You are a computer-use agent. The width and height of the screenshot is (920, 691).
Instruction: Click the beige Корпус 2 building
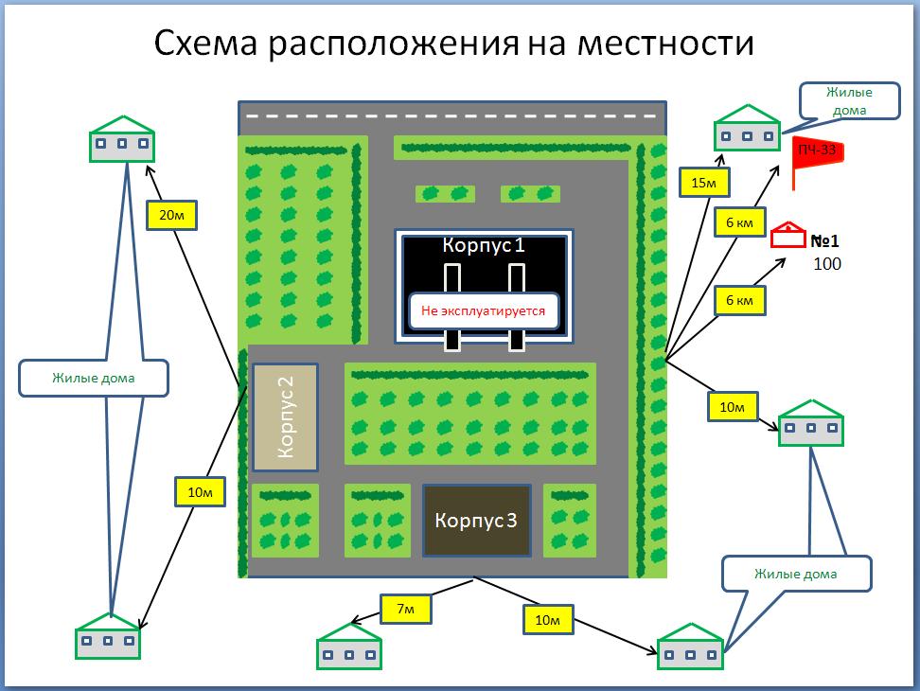(x=285, y=416)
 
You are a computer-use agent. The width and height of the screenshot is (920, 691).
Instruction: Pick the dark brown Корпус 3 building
(x=476, y=520)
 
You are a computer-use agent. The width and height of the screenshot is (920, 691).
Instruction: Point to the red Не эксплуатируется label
(x=483, y=310)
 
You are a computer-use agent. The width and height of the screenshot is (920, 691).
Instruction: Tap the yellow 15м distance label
(x=703, y=182)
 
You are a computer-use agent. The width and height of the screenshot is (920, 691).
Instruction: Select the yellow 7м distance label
(x=405, y=609)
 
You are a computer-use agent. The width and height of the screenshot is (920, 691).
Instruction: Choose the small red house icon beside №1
(x=786, y=237)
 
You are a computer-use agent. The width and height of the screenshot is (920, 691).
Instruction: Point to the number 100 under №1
(x=827, y=264)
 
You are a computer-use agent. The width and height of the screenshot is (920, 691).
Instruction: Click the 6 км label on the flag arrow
(x=738, y=221)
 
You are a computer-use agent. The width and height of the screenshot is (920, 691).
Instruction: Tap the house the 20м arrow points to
(x=121, y=139)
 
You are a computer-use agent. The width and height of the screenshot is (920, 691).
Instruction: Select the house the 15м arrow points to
(x=747, y=128)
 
